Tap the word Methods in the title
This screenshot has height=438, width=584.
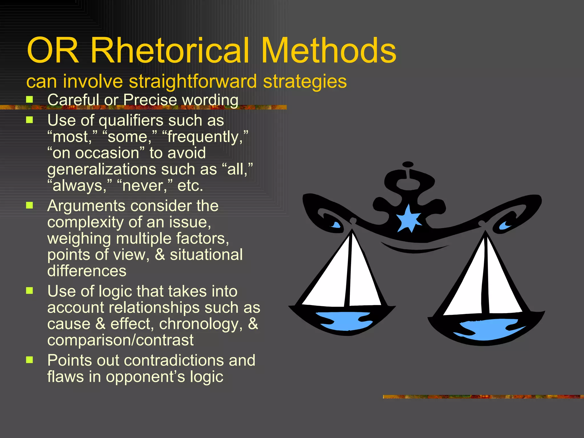[x=328, y=51]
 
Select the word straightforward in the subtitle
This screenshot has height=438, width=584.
[x=193, y=82]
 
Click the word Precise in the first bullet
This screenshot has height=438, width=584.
[x=150, y=100]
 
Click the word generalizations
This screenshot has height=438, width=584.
[x=102, y=170]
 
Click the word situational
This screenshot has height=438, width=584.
[x=206, y=255]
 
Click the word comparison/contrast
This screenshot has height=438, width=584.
[x=120, y=340]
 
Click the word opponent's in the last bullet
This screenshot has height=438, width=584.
[x=145, y=377]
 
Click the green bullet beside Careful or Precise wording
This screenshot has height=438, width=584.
[x=29, y=100]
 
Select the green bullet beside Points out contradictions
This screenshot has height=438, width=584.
[x=29, y=360]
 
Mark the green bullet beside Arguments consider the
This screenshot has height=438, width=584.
[x=29, y=205]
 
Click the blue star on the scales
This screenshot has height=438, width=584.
[x=409, y=219]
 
